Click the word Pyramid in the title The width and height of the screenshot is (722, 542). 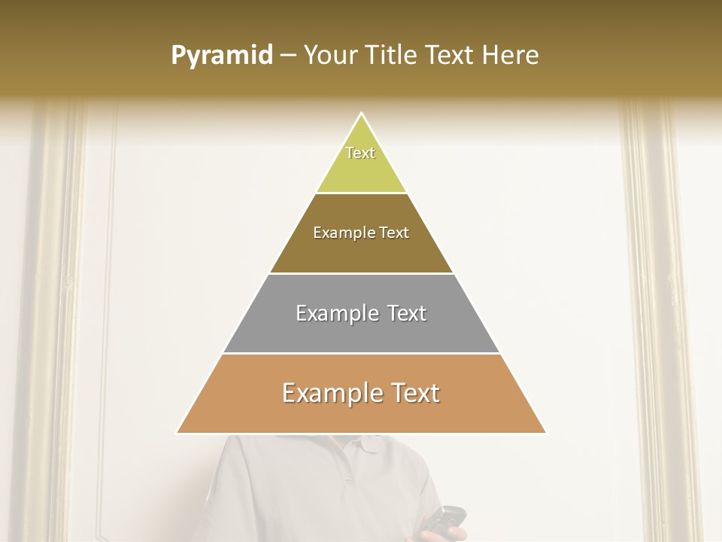point(221,56)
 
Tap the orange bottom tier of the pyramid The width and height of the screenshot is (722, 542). point(361,410)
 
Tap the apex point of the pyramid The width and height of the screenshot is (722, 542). point(361,114)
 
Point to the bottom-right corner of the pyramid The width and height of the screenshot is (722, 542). point(545,433)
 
